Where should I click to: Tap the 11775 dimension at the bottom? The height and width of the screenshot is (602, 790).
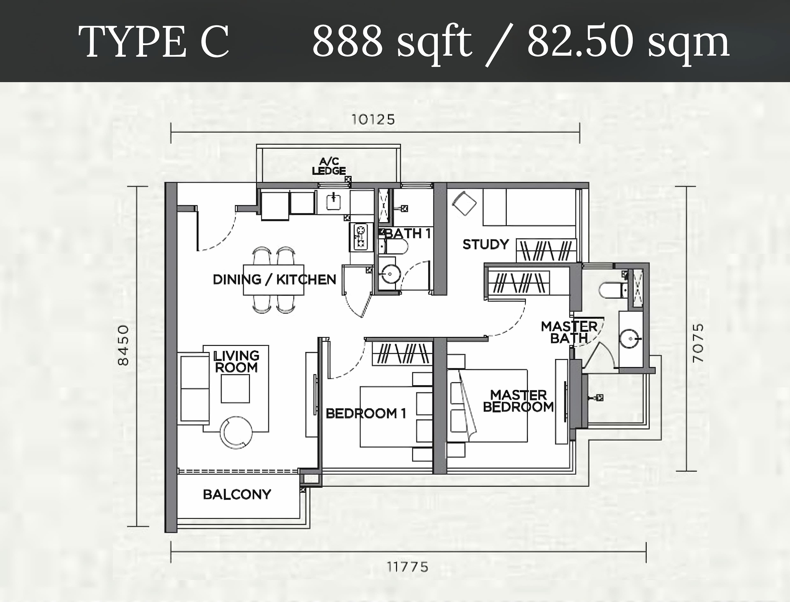click(408, 567)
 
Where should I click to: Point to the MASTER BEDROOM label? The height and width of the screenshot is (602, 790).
click(518, 401)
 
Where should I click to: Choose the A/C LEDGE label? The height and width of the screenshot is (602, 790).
click(329, 166)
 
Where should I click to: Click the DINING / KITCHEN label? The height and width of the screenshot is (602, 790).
click(274, 280)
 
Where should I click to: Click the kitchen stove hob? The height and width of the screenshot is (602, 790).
click(360, 237)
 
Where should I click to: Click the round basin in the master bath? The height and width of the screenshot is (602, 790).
click(630, 338)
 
